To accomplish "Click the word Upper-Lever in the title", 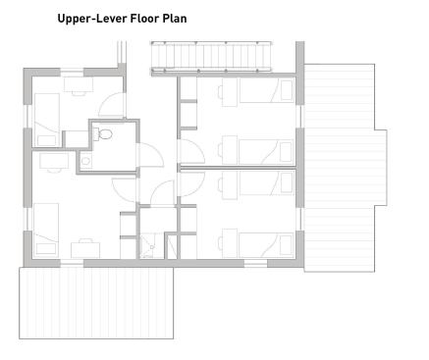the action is (x=92, y=19).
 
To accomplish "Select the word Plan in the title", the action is (x=175, y=18).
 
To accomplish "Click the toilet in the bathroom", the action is (x=103, y=134).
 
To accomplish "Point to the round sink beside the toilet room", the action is (x=86, y=161).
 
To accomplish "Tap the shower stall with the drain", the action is (x=151, y=245).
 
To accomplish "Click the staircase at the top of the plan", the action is (x=211, y=56).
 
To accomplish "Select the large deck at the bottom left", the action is (x=96, y=303).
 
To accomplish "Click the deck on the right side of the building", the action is (x=346, y=168).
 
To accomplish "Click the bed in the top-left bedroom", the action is (x=47, y=120).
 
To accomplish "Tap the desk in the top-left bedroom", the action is (x=79, y=84).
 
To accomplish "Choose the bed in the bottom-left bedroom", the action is (x=46, y=230).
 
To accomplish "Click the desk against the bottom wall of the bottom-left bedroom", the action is (x=85, y=250).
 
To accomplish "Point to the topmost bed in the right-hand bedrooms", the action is (x=266, y=90).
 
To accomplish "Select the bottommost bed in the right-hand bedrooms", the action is (x=266, y=245).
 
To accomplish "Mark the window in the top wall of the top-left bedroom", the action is (x=72, y=72).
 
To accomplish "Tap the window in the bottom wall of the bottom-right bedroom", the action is (x=256, y=263).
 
